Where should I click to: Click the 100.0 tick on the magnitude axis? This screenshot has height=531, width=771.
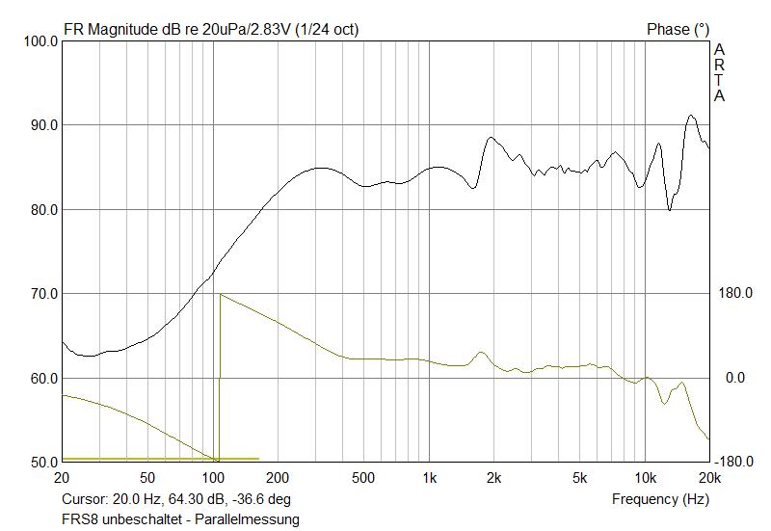click(x=39, y=41)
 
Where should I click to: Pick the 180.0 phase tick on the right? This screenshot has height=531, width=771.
click(x=736, y=294)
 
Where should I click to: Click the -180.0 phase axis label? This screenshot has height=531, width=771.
click(x=734, y=463)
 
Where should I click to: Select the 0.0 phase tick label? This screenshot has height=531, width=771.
click(x=735, y=378)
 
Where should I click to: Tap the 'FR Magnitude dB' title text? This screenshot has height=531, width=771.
click(x=124, y=30)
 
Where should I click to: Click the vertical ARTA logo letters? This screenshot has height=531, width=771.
click(x=719, y=72)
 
